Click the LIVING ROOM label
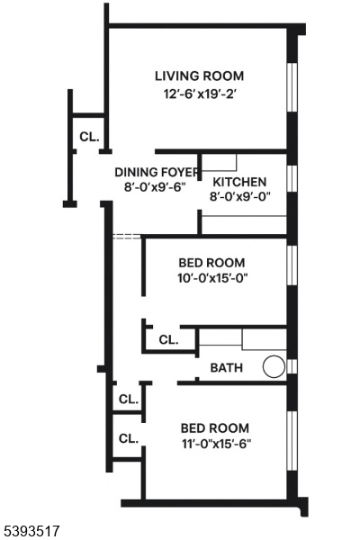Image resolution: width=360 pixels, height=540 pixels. [x=199, y=76]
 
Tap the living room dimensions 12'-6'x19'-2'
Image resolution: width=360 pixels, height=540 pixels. [x=199, y=94]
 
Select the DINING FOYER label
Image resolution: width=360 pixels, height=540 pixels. [x=157, y=172]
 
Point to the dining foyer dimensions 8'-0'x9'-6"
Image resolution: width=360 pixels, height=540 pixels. [x=155, y=187]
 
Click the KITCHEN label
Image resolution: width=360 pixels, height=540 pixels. [x=239, y=182]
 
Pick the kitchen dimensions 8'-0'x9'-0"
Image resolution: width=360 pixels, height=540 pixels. [x=240, y=196]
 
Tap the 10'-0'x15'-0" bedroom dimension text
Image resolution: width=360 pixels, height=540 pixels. [x=213, y=278]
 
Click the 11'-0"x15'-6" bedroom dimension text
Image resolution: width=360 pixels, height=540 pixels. [x=216, y=444]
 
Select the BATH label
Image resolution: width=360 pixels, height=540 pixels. [x=226, y=368]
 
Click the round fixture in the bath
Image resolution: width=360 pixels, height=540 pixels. [x=274, y=366]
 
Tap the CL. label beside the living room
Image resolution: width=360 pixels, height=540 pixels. [x=89, y=137]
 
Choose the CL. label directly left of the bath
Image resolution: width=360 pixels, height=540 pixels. [x=168, y=340]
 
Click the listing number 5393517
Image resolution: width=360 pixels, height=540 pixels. [x=31, y=531]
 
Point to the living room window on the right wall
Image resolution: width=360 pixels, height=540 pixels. [x=292, y=87]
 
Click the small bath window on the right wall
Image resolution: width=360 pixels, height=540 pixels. [x=292, y=366]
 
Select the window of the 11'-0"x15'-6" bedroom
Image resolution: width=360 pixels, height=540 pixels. [x=292, y=441]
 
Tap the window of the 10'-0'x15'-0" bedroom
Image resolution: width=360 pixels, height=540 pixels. [x=292, y=265]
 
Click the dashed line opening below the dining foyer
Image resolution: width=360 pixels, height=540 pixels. [x=127, y=237]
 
